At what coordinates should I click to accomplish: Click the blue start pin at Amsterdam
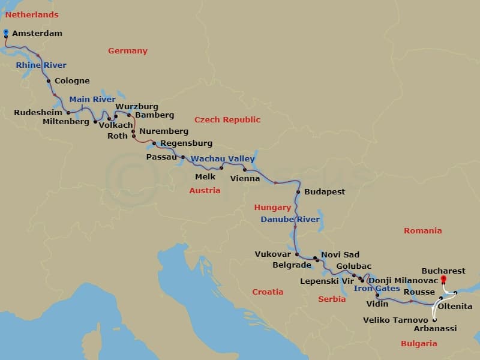tap(6, 32)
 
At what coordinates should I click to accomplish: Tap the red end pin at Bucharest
tap(443, 279)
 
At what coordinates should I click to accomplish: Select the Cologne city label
tap(72, 81)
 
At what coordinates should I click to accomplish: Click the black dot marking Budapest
tap(298, 192)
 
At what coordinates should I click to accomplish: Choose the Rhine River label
tap(41, 65)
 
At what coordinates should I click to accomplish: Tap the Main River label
tap(92, 100)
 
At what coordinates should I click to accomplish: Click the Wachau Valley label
tap(223, 159)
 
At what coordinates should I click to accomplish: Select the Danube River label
tap(290, 220)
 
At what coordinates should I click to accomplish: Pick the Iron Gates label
tap(376, 289)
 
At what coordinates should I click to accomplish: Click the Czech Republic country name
tap(227, 120)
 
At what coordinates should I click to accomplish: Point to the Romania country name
tap(422, 231)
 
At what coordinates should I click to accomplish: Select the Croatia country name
tap(268, 292)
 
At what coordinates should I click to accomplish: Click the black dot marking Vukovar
tap(296, 254)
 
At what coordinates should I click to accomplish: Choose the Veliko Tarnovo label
tap(395, 320)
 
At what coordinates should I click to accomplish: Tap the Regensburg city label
tap(186, 143)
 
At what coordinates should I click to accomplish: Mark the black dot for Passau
tap(183, 157)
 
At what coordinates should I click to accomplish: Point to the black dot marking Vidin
tap(377, 295)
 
